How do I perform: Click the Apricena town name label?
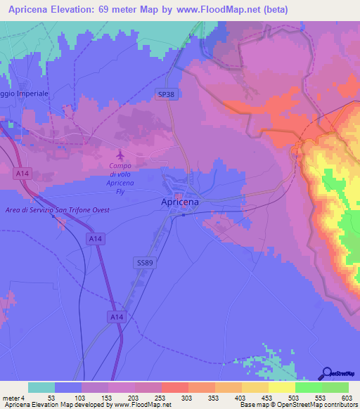(x=176, y=202)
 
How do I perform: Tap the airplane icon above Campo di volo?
(x=120, y=154)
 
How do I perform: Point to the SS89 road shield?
(x=143, y=261)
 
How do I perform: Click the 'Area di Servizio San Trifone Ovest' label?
(x=57, y=210)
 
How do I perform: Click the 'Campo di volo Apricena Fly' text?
(x=120, y=178)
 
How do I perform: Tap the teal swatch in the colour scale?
(x=41, y=387)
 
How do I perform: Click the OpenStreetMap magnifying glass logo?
(x=327, y=372)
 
